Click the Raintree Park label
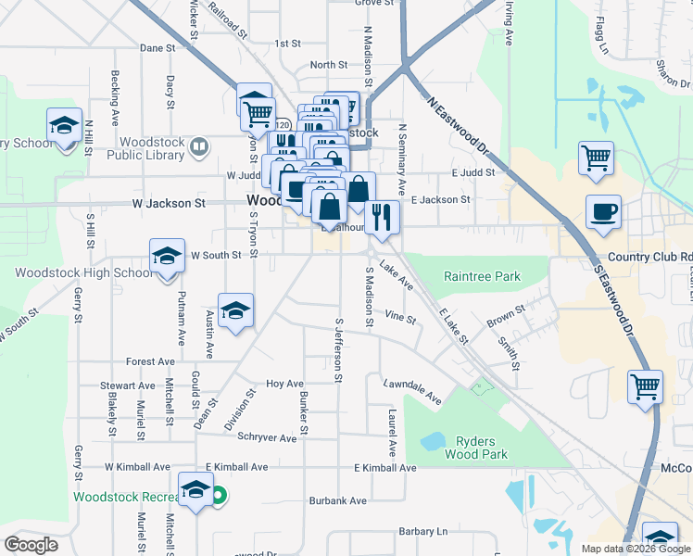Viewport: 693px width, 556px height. pyautogui.click(x=482, y=276)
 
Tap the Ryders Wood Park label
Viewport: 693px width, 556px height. pyautogui.click(x=482, y=448)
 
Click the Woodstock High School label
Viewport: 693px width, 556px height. pyautogui.click(x=83, y=272)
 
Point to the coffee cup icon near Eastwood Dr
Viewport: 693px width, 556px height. pyautogui.click(x=603, y=212)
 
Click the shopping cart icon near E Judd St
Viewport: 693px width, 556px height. pyautogui.click(x=596, y=158)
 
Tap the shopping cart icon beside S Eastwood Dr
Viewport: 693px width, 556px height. pyautogui.click(x=646, y=386)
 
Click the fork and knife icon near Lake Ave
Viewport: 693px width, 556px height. pyautogui.click(x=382, y=217)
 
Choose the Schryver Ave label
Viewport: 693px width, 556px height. pyautogui.click(x=270, y=436)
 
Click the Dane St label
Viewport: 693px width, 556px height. pyautogui.click(x=157, y=47)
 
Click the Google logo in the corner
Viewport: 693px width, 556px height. pyautogui.click(x=31, y=545)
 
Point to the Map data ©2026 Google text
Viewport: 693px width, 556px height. pyautogui.click(x=636, y=549)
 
